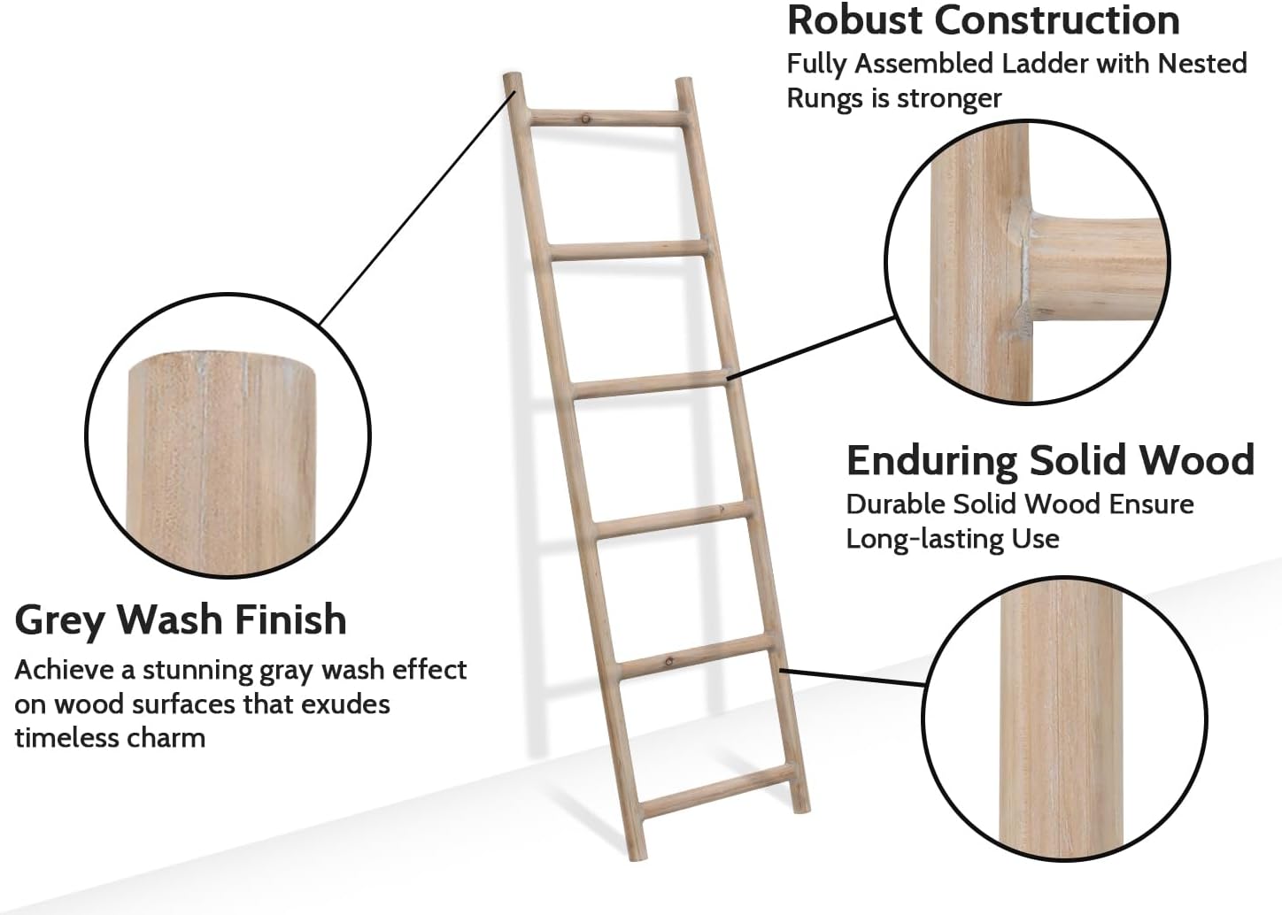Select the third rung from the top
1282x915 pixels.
(x=650, y=384)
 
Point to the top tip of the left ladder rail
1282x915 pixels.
(x=513, y=74)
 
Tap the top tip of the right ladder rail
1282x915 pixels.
(x=683, y=79)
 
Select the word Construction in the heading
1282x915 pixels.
(x=1057, y=20)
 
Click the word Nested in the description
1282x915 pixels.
(x=1202, y=63)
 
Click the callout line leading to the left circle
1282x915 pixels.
(x=417, y=207)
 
